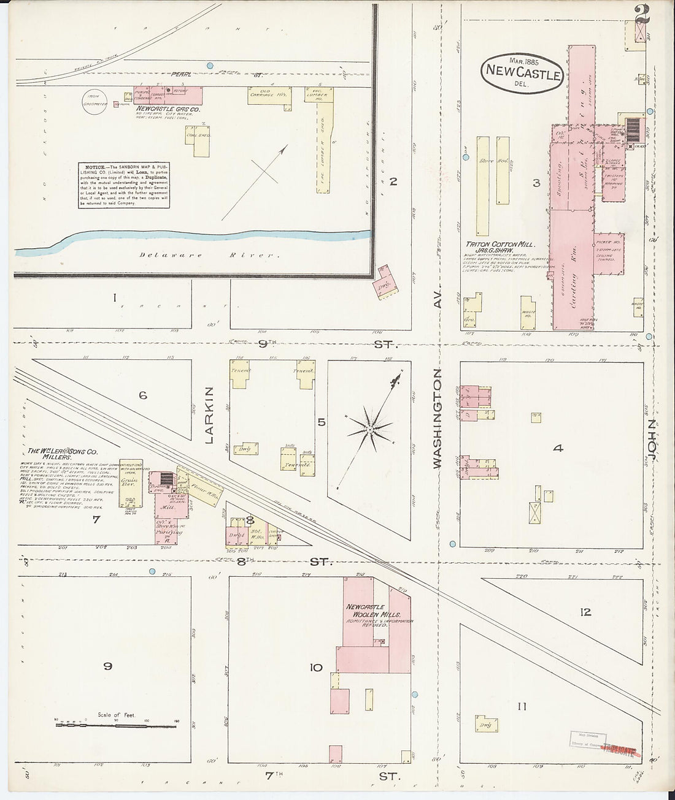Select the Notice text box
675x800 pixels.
tap(124, 185)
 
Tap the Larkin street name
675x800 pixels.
tap(210, 415)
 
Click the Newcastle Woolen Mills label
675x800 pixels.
tap(372, 611)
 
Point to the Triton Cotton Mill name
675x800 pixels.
tap(499, 245)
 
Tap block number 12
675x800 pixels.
tap(585, 612)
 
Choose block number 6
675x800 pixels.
tap(142, 396)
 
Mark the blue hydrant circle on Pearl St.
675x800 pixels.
tap(210, 65)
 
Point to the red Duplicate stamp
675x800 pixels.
tap(619, 749)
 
